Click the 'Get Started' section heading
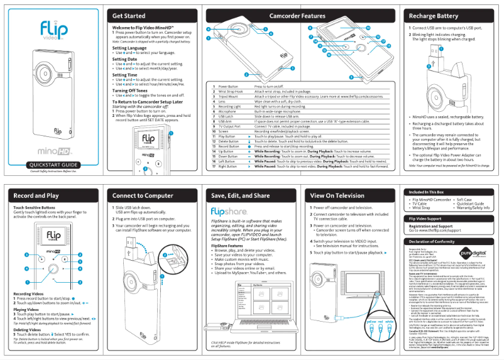click(129, 16)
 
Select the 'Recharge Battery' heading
click(433, 16)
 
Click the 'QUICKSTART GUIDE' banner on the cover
click(53, 165)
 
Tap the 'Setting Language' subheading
click(129, 48)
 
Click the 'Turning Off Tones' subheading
click(132, 90)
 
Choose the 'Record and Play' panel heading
click(36, 196)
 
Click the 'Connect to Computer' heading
click(143, 196)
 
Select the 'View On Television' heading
click(337, 196)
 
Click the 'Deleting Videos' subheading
click(28, 329)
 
